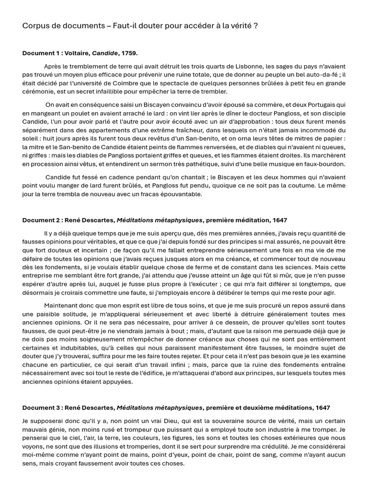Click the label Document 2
[41, 220]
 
